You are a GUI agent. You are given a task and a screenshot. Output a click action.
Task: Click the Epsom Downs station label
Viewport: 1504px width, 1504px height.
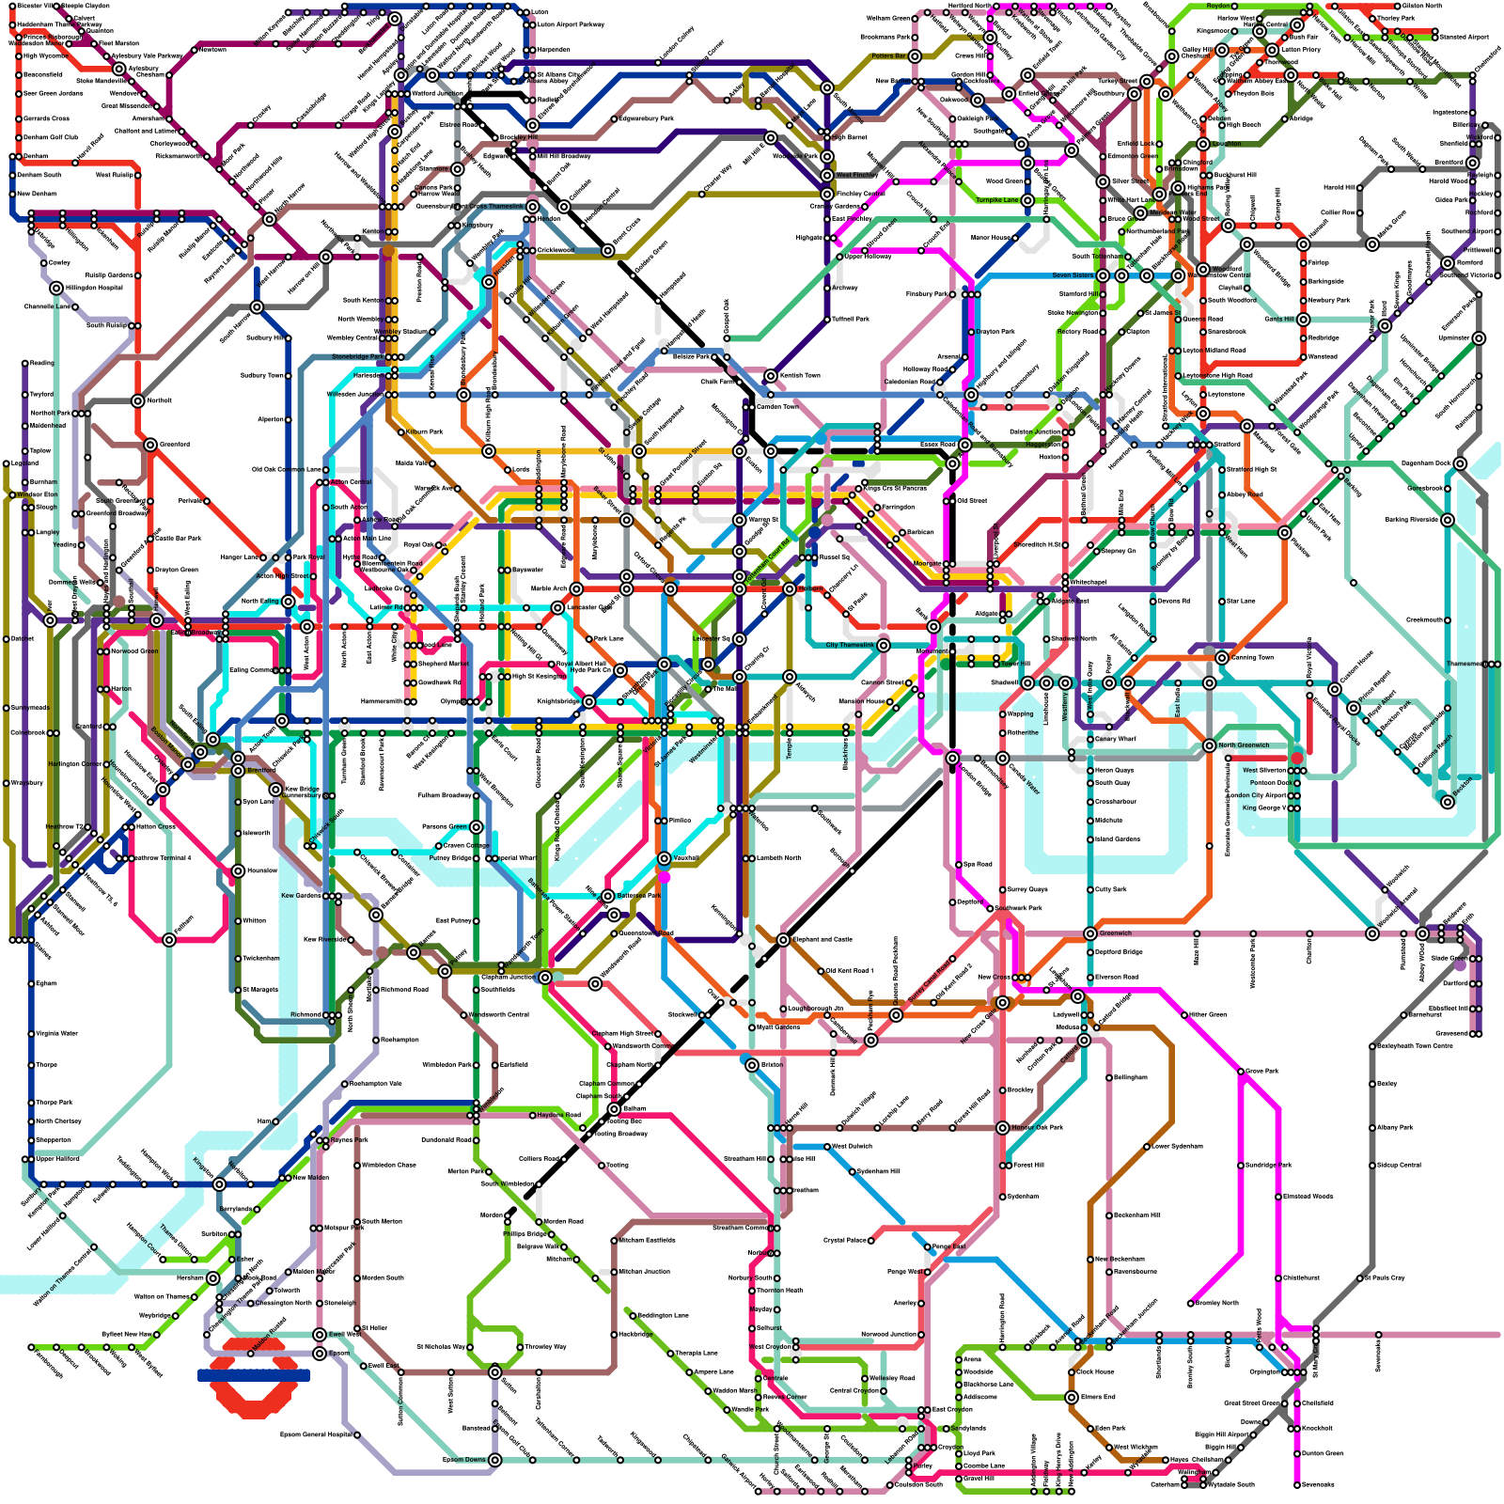click(x=464, y=1460)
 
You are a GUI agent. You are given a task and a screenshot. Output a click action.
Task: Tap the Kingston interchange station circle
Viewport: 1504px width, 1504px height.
click(x=219, y=1184)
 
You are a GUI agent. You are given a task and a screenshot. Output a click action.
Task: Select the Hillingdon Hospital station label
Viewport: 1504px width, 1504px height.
click(x=94, y=288)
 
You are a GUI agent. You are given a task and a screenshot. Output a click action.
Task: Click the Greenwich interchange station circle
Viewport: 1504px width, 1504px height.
click(x=1089, y=933)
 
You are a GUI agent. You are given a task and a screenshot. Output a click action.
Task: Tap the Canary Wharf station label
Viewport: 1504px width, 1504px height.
click(x=1116, y=739)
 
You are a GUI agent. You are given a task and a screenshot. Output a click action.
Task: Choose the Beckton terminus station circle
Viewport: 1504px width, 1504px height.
click(x=1448, y=801)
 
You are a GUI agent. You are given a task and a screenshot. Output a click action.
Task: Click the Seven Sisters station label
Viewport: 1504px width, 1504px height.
click(x=1073, y=275)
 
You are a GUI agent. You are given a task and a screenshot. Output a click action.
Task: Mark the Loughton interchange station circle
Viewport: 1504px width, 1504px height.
click(x=1203, y=144)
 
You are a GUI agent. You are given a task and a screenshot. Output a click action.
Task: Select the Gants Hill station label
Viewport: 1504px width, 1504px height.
click(x=1278, y=319)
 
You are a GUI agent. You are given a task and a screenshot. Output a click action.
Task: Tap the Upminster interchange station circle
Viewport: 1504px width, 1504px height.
click(x=1479, y=338)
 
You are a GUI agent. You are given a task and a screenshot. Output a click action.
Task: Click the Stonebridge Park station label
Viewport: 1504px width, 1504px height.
click(x=357, y=357)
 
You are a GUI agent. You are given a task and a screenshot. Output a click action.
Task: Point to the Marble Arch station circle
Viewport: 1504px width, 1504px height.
click(x=576, y=589)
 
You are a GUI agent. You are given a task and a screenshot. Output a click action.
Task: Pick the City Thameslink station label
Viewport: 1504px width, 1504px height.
click(x=850, y=645)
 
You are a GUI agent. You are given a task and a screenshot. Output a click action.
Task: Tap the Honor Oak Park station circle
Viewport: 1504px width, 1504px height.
click(x=1003, y=1127)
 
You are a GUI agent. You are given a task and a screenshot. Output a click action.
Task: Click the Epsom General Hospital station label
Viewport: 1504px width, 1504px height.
click(x=316, y=1434)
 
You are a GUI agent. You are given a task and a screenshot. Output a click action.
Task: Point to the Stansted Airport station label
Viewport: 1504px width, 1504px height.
click(x=1464, y=37)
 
